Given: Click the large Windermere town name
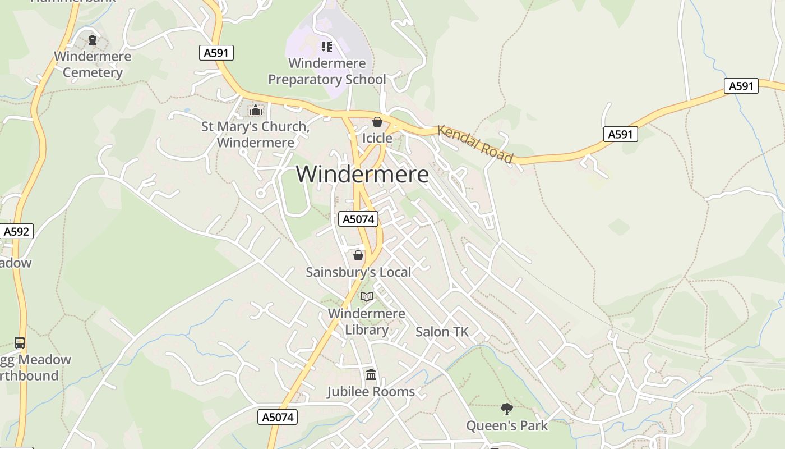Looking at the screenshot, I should pyautogui.click(x=362, y=175).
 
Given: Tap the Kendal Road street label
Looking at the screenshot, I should pyautogui.click(x=475, y=144).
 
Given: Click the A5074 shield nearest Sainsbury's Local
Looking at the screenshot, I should pyautogui.click(x=358, y=219).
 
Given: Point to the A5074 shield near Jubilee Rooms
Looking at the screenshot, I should pyautogui.click(x=278, y=417).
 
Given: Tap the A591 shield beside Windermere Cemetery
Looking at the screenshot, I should pyautogui.click(x=216, y=53).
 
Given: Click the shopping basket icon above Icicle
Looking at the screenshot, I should pyautogui.click(x=377, y=122).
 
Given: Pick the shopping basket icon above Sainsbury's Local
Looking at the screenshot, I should pyautogui.click(x=358, y=256).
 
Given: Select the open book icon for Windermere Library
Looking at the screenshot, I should pyautogui.click(x=367, y=296).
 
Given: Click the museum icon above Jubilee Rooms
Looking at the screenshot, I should pyautogui.click(x=371, y=374).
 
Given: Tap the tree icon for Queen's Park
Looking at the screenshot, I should pyautogui.click(x=507, y=409).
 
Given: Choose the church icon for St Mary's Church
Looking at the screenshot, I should pyautogui.click(x=256, y=110).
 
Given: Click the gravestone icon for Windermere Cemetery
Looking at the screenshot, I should pyautogui.click(x=93, y=40).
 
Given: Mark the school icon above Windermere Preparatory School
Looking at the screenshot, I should pyautogui.click(x=326, y=47).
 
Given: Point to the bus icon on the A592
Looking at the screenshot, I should pyautogui.click(x=20, y=342).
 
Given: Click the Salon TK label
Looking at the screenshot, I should pyautogui.click(x=442, y=332).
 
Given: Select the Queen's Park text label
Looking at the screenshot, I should pyautogui.click(x=507, y=425).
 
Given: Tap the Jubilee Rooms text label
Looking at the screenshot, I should pyautogui.click(x=371, y=391).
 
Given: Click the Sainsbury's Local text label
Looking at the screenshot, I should pyautogui.click(x=358, y=272).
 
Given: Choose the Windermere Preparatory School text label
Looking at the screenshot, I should pyautogui.click(x=327, y=71).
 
